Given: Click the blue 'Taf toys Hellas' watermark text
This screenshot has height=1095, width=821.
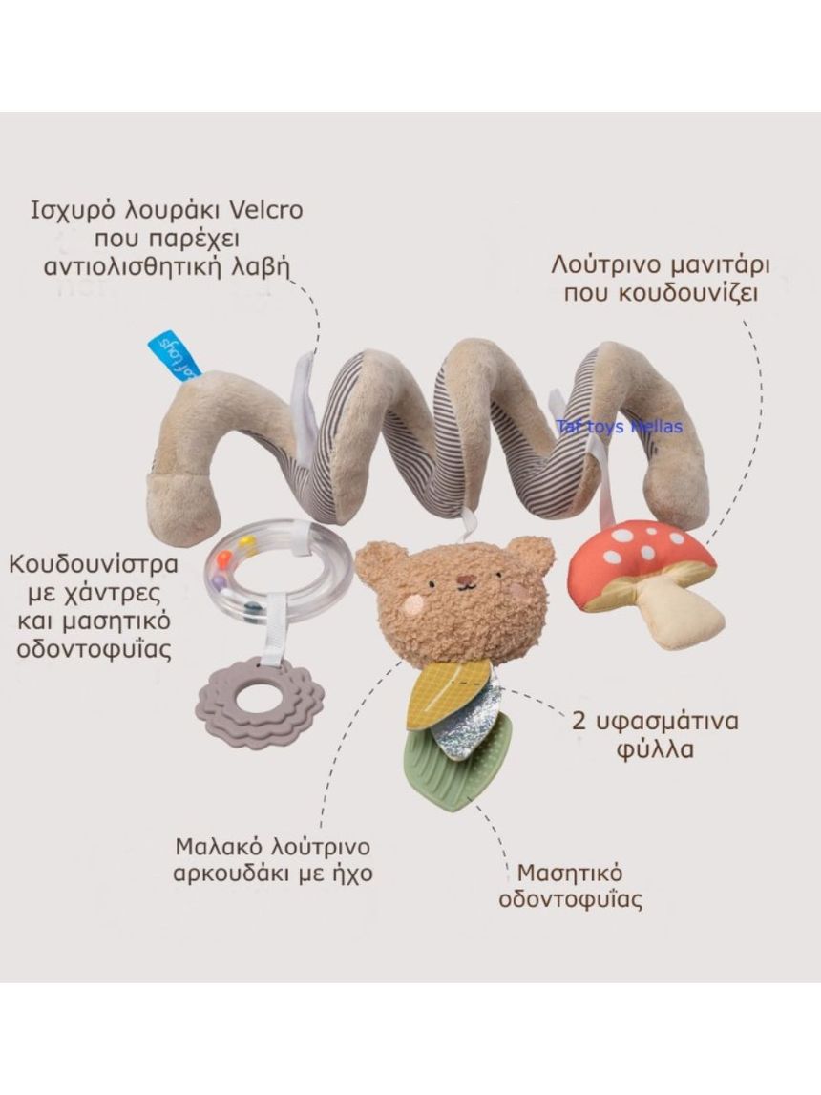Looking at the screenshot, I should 620,426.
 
